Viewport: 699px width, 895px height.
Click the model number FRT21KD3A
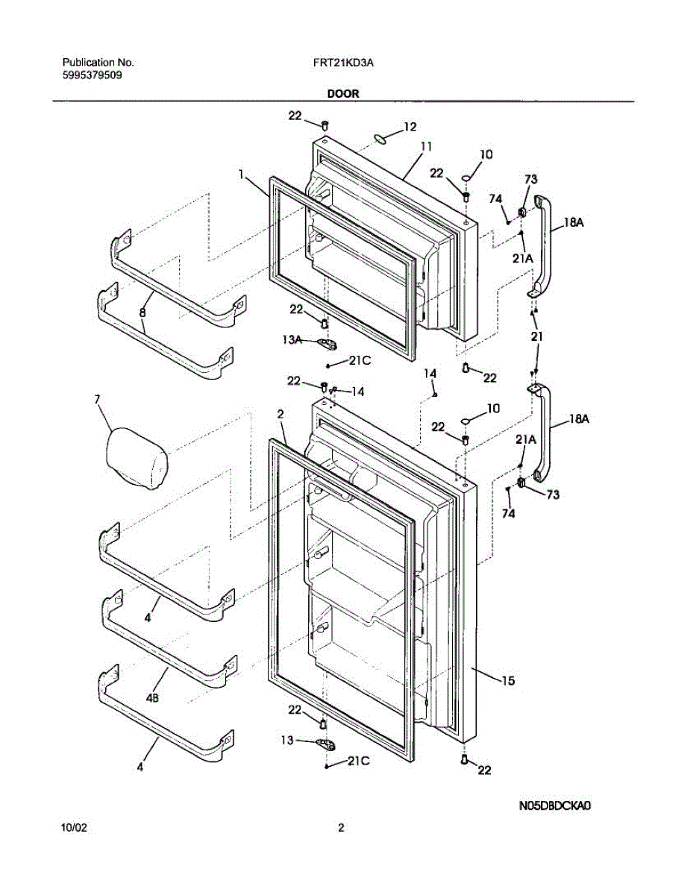[343, 63]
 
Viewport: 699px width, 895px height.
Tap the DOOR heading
[342, 94]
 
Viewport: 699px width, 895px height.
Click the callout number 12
[410, 127]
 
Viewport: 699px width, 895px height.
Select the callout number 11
[426, 147]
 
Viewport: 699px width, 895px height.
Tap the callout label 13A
[292, 340]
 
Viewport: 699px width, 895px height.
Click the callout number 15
[507, 680]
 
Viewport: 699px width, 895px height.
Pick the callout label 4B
[151, 699]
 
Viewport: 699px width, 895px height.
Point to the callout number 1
[242, 174]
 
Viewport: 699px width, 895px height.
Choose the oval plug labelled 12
[380, 136]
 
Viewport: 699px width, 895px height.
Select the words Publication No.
[98, 63]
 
